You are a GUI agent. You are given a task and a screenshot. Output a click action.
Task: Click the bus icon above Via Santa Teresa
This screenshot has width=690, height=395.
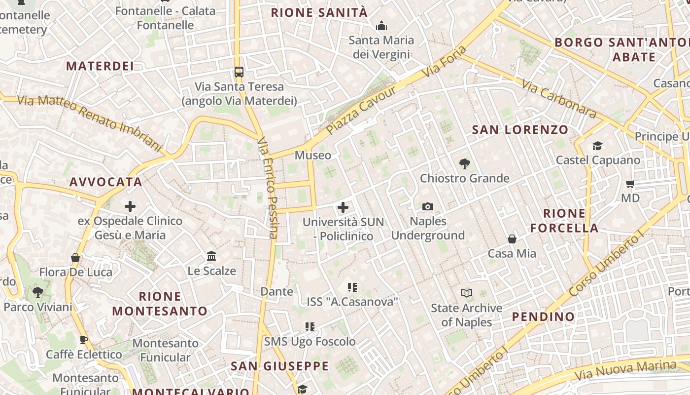click(239, 72)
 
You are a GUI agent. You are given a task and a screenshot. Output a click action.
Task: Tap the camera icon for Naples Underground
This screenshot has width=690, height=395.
click(428, 206)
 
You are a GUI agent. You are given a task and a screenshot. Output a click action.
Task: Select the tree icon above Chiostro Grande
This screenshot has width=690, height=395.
click(464, 163)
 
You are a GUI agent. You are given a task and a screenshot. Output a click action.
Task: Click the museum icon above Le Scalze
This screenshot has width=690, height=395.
click(212, 256)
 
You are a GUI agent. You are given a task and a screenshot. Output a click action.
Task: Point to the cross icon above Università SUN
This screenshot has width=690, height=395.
click(343, 207)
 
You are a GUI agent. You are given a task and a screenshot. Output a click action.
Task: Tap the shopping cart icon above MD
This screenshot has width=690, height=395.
click(630, 184)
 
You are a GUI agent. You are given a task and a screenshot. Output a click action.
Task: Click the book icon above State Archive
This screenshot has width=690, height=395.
click(466, 293)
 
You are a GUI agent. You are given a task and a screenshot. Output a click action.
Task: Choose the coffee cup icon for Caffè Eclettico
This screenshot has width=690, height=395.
click(84, 340)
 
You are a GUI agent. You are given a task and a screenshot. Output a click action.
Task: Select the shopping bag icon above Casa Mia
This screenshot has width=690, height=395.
click(512, 239)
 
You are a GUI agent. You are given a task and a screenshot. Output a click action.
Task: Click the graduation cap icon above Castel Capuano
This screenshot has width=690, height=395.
click(598, 146)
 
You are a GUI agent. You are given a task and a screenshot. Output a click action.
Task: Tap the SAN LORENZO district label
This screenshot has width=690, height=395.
click(520, 130)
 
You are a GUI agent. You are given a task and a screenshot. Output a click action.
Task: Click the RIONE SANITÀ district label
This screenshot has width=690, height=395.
click(319, 12)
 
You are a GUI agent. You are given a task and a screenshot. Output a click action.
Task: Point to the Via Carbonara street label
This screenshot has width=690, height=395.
click(559, 100)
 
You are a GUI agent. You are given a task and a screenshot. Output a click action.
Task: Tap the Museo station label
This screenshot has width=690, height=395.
click(313, 156)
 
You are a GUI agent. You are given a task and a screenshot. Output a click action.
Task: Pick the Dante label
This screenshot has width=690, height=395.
click(276, 291)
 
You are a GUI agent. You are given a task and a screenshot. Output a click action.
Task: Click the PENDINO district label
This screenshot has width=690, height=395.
click(543, 316)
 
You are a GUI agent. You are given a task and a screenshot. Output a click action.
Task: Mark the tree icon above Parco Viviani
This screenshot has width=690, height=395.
click(37, 292)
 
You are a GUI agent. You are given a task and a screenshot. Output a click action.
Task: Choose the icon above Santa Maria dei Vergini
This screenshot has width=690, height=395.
click(381, 26)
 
